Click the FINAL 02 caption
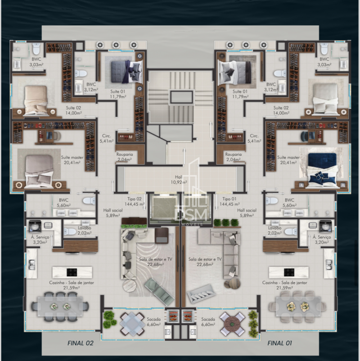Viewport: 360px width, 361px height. click(x=80, y=343)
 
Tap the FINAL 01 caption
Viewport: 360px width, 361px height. click(x=280, y=343)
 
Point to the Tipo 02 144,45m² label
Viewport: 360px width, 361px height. click(x=135, y=201)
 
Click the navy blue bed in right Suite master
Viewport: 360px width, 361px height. click(x=322, y=168)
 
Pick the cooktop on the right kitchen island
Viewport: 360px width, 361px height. click(x=288, y=272)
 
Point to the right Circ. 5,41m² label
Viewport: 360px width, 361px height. click(x=254, y=138)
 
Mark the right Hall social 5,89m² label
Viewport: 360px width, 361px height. click(x=247, y=212)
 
